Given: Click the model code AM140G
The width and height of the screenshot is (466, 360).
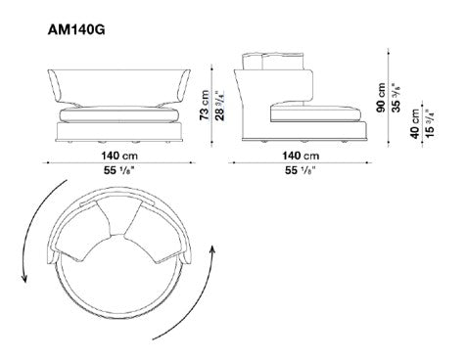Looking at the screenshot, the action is [76, 30].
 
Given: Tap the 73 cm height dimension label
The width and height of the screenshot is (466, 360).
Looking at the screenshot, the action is [205, 105].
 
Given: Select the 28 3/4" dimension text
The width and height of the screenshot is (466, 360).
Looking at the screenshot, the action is [220, 106].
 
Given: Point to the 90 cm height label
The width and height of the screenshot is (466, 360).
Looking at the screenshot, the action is [381, 97].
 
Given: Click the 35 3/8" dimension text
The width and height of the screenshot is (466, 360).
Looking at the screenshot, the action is [396, 97].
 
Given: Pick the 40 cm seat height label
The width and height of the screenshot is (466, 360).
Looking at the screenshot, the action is [415, 123].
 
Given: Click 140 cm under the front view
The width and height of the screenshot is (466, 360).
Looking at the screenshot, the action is [119, 156].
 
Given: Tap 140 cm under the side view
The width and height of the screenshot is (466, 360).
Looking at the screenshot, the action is [301, 156].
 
